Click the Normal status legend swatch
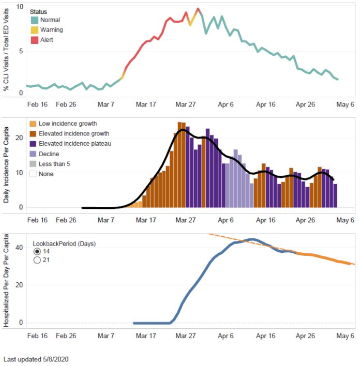[x=34, y=20]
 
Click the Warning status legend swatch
[x=34, y=30]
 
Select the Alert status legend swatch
[x=34, y=40]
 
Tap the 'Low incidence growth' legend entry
[x=67, y=124]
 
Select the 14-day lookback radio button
[x=37, y=251]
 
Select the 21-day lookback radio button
[x=37, y=261]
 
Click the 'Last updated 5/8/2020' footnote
[x=36, y=359]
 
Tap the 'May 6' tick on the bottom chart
[x=346, y=336]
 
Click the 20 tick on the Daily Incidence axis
[x=20, y=138]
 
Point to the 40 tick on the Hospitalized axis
[x=20, y=247]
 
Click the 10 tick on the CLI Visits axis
[x=20, y=7]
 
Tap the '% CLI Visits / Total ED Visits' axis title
[x=7, y=51]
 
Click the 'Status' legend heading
[x=39, y=11]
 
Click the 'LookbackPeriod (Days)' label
[x=64, y=242]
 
